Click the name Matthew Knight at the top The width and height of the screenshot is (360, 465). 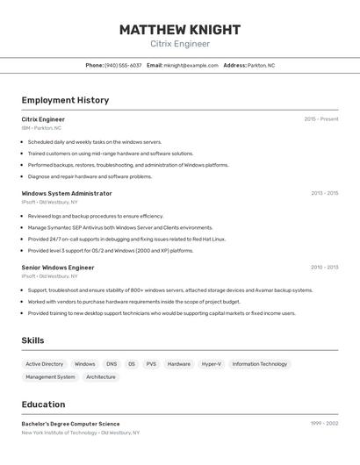pos(180,29)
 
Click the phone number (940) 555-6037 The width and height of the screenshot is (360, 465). pos(123,65)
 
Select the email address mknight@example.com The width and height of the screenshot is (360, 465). pos(191,65)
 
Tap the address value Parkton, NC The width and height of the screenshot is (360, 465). pos(261,65)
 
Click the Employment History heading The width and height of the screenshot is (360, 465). pos(65,100)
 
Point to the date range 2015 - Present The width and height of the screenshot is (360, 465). pos(321,119)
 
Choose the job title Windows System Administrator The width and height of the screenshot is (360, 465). pos(67,193)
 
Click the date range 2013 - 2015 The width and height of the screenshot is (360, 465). pos(324,193)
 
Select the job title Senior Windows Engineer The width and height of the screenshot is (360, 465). pos(58,268)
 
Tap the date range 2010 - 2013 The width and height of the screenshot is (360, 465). pos(324,268)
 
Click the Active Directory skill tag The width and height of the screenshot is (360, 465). pos(45,364)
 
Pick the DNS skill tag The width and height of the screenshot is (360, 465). pos(112,364)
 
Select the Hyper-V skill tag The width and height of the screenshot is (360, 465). pos(212,364)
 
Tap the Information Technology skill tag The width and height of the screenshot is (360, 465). pos(260,364)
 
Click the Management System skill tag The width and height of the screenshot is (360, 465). pos(50,377)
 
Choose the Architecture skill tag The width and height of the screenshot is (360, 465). pos(101,377)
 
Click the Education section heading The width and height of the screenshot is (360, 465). pos(43,404)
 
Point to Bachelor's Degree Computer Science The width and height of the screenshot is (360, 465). pos(70,424)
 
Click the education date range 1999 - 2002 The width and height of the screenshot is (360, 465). pos(324,424)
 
